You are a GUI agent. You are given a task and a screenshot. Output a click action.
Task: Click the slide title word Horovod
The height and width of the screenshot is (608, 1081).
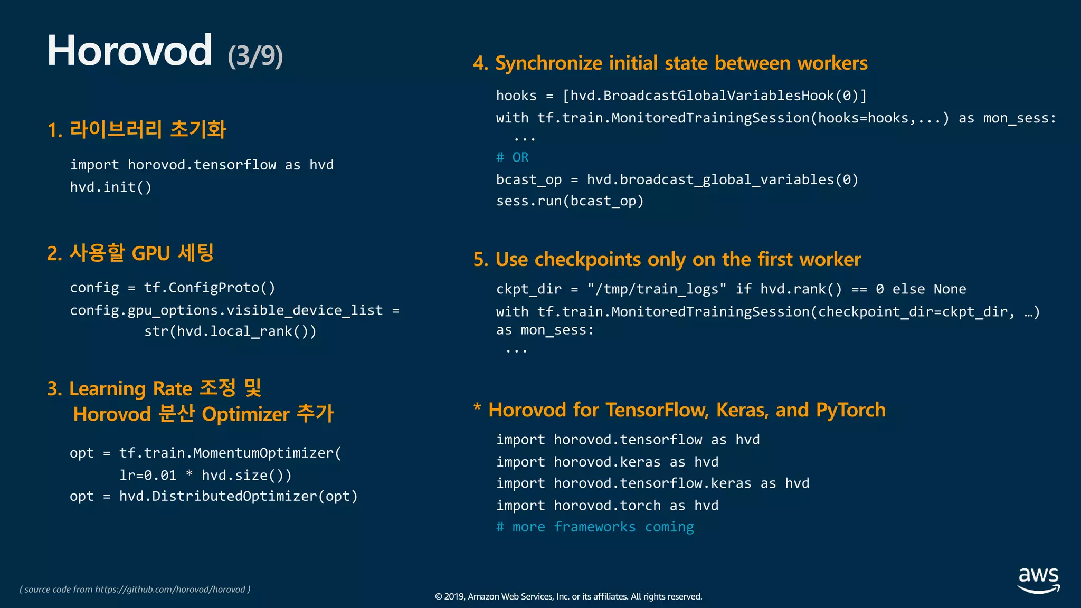click(129, 51)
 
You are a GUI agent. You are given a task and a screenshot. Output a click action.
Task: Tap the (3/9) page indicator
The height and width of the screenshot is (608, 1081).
click(255, 56)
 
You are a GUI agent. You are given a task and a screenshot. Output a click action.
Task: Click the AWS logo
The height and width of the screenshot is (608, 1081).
click(1038, 580)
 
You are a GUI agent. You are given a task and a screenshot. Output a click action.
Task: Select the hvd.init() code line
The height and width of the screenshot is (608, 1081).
click(111, 187)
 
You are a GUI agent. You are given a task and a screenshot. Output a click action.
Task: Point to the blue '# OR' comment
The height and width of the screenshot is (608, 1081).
click(512, 157)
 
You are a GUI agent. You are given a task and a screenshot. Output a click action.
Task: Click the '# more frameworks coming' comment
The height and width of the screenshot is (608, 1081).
click(595, 527)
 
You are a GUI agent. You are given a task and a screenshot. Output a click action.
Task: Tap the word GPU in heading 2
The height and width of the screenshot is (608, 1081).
click(150, 253)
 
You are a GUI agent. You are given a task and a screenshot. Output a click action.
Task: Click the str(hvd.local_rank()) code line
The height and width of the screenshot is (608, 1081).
click(230, 331)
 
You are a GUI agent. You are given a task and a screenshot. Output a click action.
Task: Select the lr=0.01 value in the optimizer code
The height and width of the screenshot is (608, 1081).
click(148, 476)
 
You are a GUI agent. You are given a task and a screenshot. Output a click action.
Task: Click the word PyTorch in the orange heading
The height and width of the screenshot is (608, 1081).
click(850, 410)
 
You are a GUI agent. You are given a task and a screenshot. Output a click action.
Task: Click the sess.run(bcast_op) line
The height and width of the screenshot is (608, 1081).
click(570, 201)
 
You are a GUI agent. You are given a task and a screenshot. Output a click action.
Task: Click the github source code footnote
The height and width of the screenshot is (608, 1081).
click(135, 590)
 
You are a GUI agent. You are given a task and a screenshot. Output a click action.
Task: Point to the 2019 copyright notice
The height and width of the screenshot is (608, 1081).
click(568, 597)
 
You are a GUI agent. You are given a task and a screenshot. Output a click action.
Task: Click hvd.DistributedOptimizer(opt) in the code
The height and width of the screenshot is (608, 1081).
click(238, 497)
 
